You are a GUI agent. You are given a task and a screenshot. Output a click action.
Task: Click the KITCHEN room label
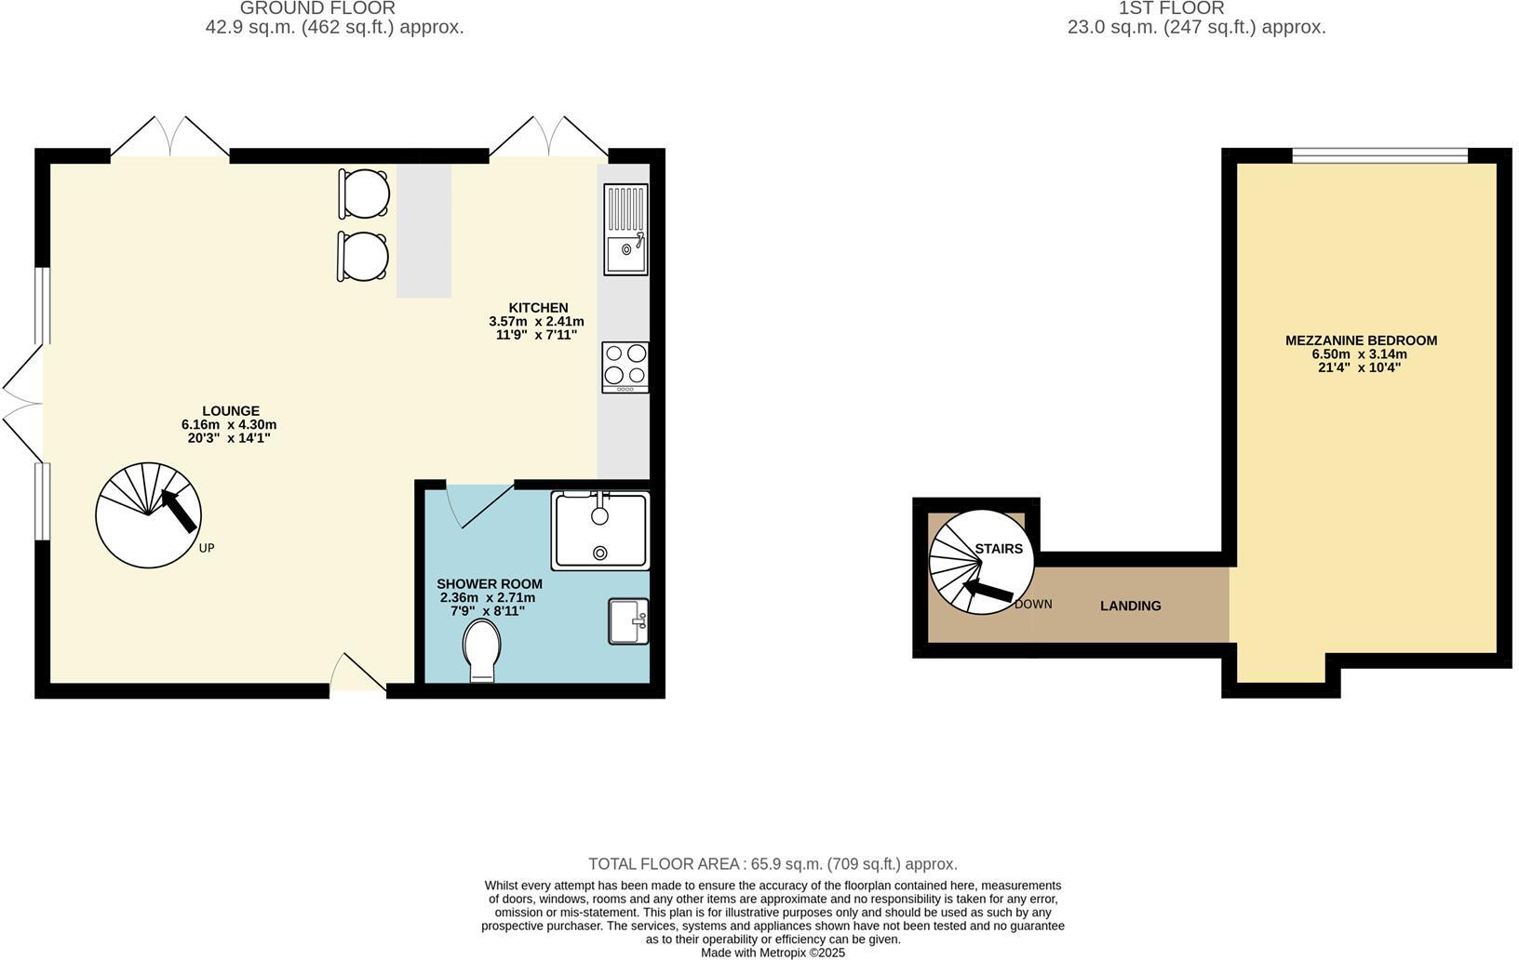tap(537, 308)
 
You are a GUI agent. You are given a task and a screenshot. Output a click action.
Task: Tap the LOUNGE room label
tap(231, 411)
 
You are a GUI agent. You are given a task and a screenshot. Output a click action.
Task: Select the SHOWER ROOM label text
tap(489, 584)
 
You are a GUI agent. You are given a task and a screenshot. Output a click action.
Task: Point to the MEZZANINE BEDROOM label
tap(1361, 340)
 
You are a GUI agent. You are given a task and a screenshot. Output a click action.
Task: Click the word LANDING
tap(1130, 606)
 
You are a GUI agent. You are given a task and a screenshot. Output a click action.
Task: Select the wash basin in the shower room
tap(628, 620)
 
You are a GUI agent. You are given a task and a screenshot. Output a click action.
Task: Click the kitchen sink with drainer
tap(625, 230)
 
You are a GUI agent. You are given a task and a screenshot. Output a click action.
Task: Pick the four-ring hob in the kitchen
tap(625, 367)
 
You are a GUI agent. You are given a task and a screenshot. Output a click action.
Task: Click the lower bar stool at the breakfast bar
tap(364, 256)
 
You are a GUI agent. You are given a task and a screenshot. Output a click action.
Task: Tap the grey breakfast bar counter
tap(423, 231)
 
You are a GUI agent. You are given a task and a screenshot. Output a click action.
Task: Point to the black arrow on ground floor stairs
tap(180, 510)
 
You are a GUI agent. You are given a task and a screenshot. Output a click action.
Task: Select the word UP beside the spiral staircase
tap(207, 548)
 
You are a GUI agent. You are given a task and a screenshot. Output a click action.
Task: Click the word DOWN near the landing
tap(1033, 604)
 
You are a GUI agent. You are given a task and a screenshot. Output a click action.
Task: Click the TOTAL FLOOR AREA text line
tap(773, 864)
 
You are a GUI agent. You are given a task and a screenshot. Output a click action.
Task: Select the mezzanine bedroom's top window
tap(1379, 154)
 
